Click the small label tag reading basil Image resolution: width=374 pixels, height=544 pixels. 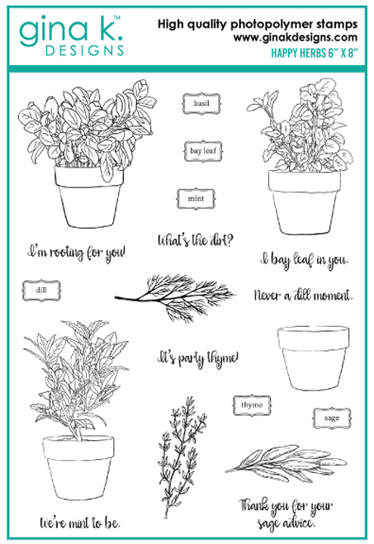[197, 106]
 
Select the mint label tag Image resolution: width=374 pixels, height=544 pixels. [196, 199]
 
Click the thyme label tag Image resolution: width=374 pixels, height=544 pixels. [251, 405]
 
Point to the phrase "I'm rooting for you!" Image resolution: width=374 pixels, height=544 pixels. [76, 250]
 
